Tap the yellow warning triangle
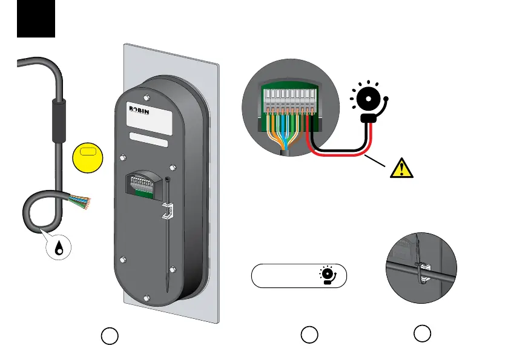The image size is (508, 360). coord(401,167)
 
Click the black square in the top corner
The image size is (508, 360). coord(36,18)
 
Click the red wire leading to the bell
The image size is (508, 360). coord(339,152)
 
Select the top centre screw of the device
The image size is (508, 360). coord(148,96)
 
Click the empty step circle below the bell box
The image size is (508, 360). coord(309,334)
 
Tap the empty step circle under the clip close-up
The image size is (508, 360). coord(423,332)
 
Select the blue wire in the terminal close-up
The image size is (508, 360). coord(283,130)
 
